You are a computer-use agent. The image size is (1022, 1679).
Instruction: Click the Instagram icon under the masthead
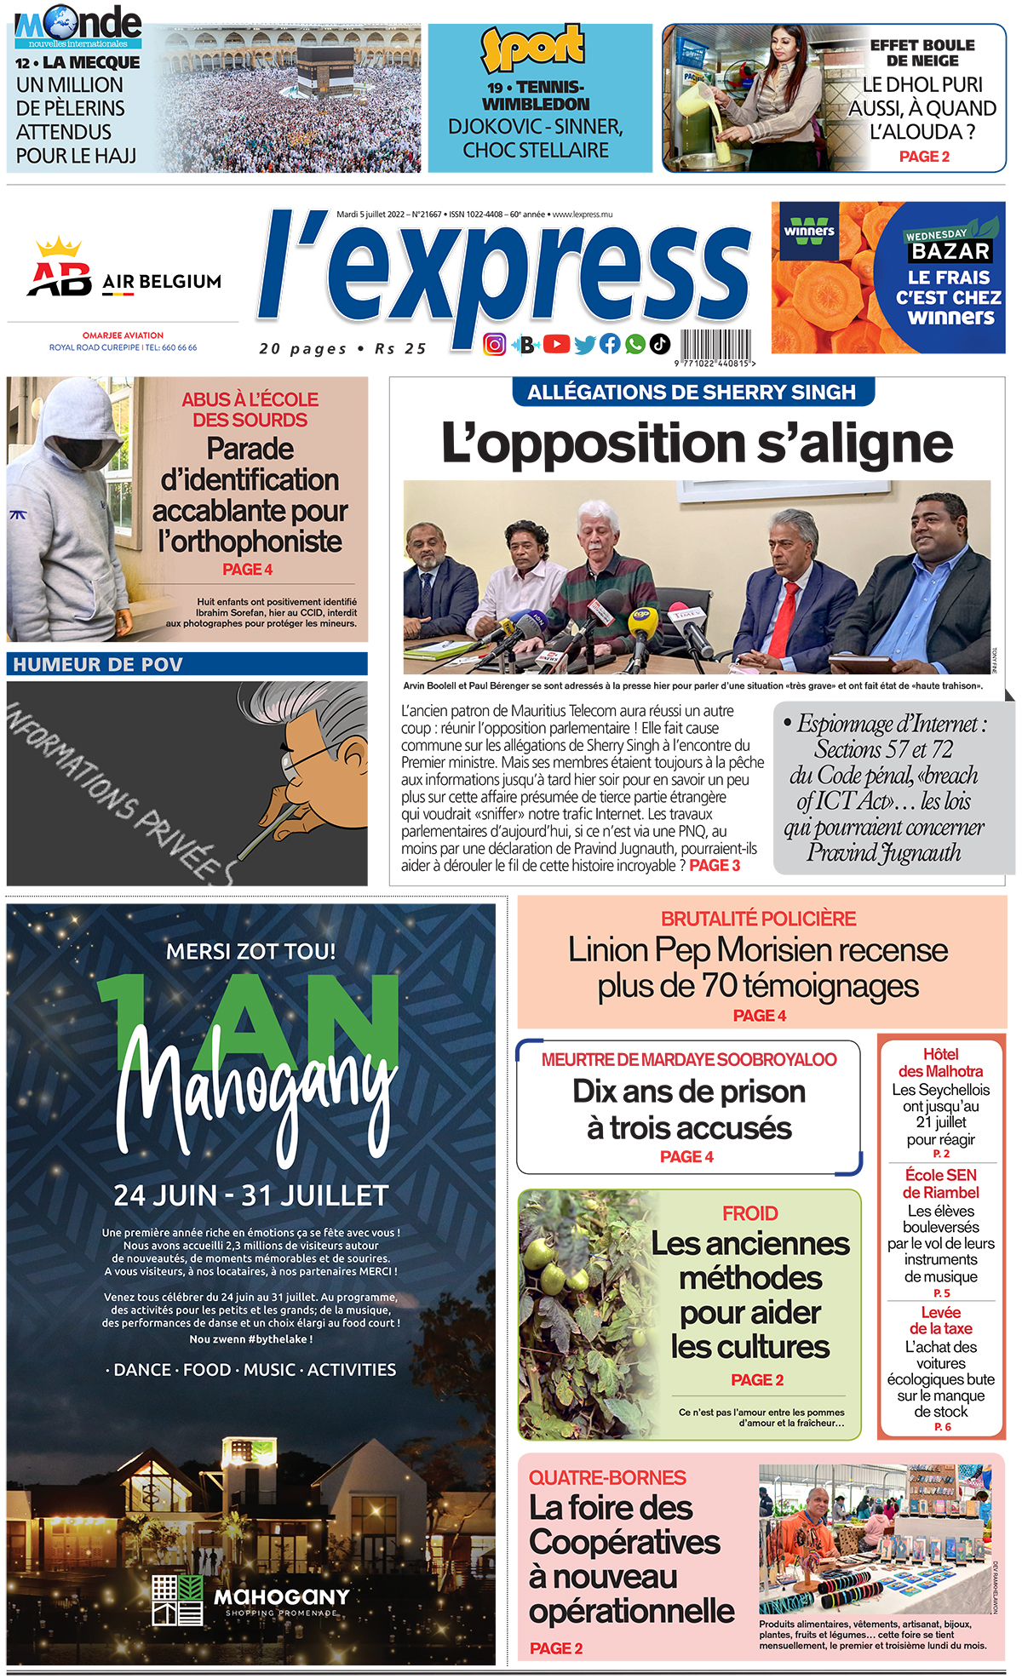[494, 344]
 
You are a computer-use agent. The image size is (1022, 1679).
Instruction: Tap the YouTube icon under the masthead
[556, 344]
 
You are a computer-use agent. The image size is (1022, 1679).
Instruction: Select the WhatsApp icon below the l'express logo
[634, 344]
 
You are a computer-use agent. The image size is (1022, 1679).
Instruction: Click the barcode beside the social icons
[715, 346]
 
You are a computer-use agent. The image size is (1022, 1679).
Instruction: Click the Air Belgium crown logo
[58, 248]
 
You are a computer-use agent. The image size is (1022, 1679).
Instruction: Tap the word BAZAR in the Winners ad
[950, 251]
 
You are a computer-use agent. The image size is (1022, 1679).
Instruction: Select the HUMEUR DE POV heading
[98, 665]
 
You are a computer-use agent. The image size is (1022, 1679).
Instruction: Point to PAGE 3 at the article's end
[715, 866]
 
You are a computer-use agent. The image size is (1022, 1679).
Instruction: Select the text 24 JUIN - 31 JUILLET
[251, 1195]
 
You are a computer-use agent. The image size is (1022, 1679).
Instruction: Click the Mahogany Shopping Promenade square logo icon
[177, 1600]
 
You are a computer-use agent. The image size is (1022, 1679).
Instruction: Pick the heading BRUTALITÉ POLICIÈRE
[758, 919]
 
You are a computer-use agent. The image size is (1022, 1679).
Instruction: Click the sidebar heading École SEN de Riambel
[941, 1183]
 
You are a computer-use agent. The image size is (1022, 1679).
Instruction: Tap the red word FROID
[749, 1213]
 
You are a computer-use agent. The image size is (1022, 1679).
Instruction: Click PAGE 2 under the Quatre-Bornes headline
[556, 1648]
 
